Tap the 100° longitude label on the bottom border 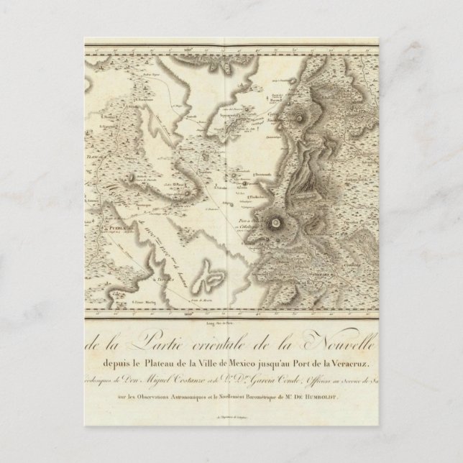pos(149,314)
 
